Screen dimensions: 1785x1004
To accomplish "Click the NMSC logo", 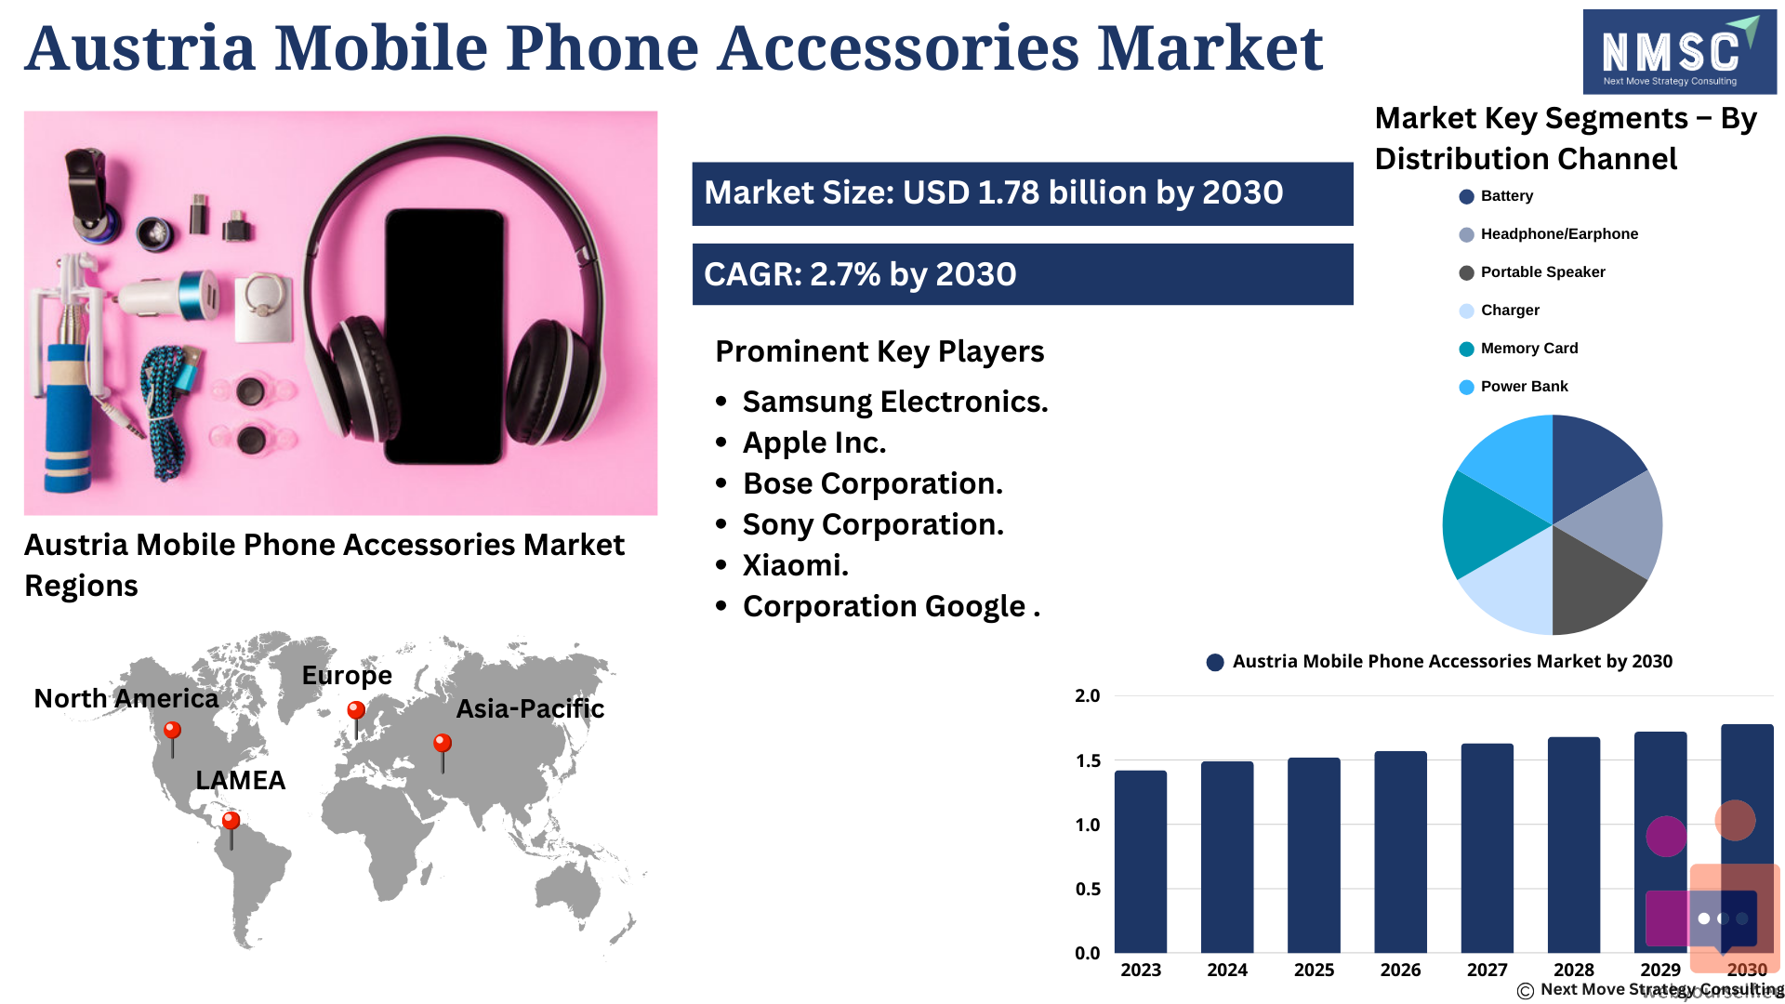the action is point(1679,52).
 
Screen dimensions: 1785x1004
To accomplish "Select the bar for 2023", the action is point(1141,862).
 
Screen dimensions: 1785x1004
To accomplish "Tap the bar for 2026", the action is point(1400,852).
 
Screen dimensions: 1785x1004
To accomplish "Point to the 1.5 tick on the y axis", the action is point(1088,760).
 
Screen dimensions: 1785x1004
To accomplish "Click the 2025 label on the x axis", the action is point(1314,970).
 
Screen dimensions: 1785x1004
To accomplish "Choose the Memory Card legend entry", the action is point(1519,349).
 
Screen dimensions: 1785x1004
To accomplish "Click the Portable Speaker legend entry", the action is point(1532,272).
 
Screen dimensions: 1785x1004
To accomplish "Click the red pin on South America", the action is point(231,829).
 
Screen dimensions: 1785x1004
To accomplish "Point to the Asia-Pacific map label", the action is point(530,709).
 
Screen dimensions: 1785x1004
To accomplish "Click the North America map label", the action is point(126,699).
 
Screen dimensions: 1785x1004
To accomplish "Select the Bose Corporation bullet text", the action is point(873,483).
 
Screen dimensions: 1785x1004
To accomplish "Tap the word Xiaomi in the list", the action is point(792,565).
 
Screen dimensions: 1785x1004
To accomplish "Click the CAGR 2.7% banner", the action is point(1023,274).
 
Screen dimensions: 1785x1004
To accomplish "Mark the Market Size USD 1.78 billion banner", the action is point(1023,193).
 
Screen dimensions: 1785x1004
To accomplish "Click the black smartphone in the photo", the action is point(445,336).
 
